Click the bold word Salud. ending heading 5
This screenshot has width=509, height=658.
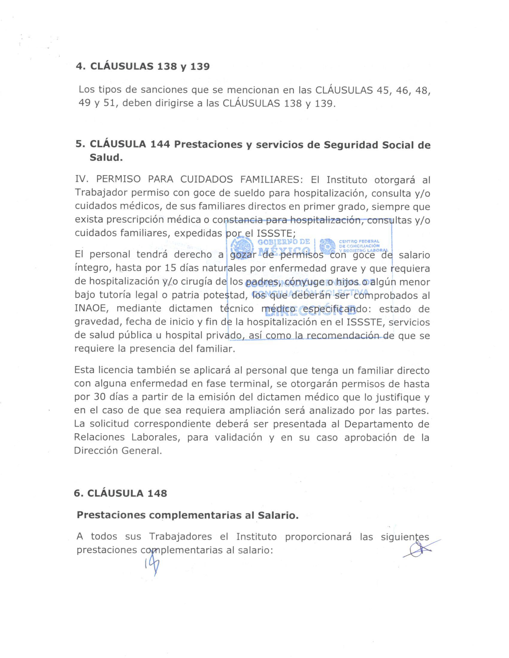(x=106, y=158)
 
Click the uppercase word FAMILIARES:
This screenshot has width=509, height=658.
(x=271, y=180)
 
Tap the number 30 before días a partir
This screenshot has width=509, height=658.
(x=99, y=397)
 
